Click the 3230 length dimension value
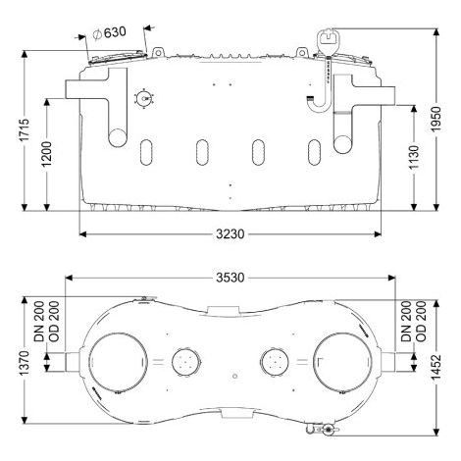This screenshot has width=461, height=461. pyautogui.click(x=230, y=234)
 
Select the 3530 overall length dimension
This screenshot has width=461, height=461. pyautogui.click(x=230, y=278)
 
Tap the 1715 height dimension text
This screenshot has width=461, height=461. pyautogui.click(x=25, y=130)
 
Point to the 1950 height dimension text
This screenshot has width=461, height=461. pyautogui.click(x=436, y=119)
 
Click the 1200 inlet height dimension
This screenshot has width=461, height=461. pyautogui.click(x=47, y=154)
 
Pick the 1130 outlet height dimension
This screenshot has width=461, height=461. pyautogui.click(x=414, y=158)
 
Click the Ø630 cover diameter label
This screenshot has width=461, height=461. pyautogui.click(x=110, y=32)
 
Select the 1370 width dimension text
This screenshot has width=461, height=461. pyautogui.click(x=25, y=363)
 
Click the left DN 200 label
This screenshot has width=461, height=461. pyautogui.click(x=39, y=322)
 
